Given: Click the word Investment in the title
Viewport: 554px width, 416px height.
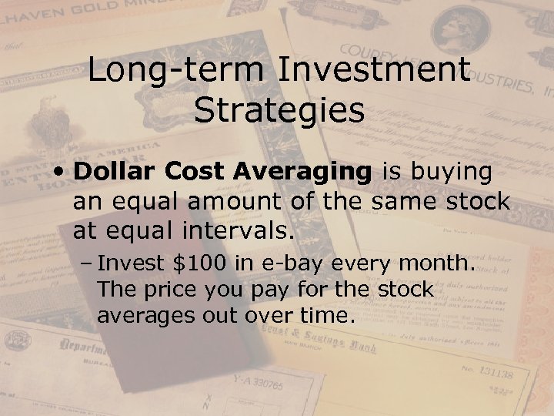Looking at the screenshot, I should [373, 72].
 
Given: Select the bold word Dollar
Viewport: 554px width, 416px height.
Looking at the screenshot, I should [112, 173].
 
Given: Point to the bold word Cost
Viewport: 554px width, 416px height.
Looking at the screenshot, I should [189, 173].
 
